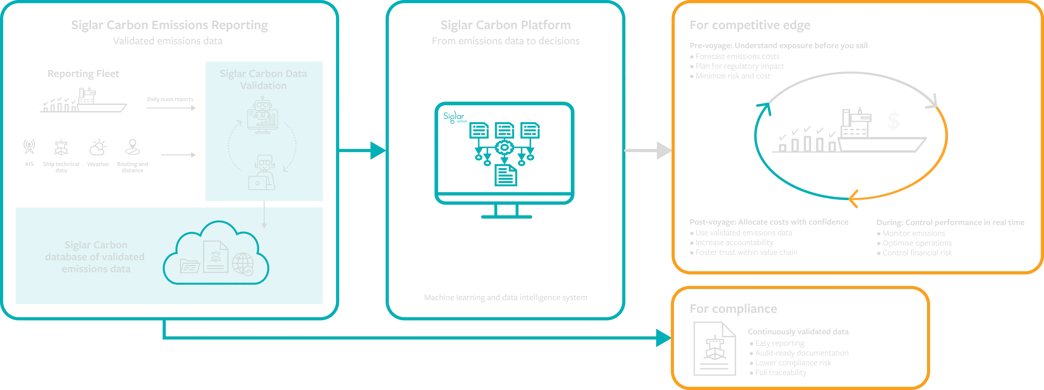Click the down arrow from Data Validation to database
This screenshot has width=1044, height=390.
click(264, 224)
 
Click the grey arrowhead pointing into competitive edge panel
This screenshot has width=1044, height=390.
click(664, 151)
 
